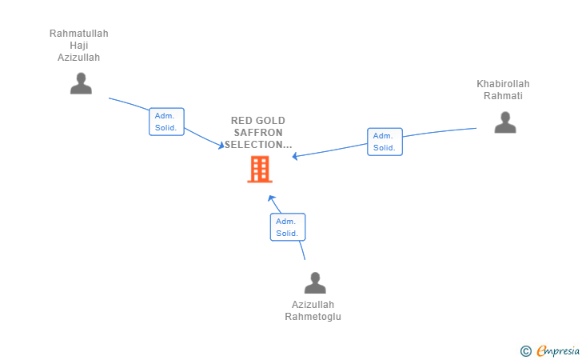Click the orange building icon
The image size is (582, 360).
[x=260, y=170]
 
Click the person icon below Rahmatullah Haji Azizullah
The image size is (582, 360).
[x=81, y=83]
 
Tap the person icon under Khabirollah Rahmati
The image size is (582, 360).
[x=505, y=122]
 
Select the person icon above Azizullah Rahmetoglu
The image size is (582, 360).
[x=315, y=282]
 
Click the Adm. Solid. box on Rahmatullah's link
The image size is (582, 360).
[x=166, y=122]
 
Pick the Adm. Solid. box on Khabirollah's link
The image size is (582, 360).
[x=385, y=142]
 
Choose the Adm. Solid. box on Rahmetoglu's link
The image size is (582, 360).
[x=288, y=227]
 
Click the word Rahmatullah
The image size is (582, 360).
[x=78, y=34]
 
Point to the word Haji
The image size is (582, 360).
[x=79, y=46]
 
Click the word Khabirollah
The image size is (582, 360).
[x=503, y=84]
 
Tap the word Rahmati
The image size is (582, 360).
[x=503, y=96]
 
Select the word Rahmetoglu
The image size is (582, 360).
[x=313, y=317]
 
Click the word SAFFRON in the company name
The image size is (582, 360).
[x=258, y=133]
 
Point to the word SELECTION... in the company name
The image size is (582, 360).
[x=258, y=145]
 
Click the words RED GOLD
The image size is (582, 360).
[x=258, y=120]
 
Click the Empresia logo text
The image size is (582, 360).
[x=558, y=350]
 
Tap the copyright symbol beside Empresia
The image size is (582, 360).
[x=526, y=351]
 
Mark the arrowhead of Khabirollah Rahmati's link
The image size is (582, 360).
[x=295, y=156]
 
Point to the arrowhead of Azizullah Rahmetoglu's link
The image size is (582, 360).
[x=272, y=198]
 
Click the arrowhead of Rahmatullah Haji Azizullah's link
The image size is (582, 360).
[x=221, y=146]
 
